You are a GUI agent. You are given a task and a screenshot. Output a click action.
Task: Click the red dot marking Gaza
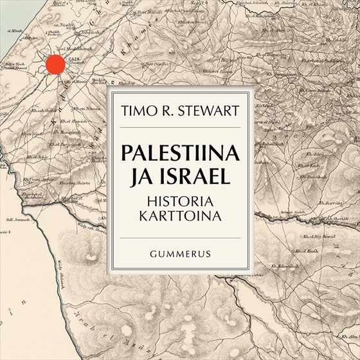[x=55, y=64]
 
